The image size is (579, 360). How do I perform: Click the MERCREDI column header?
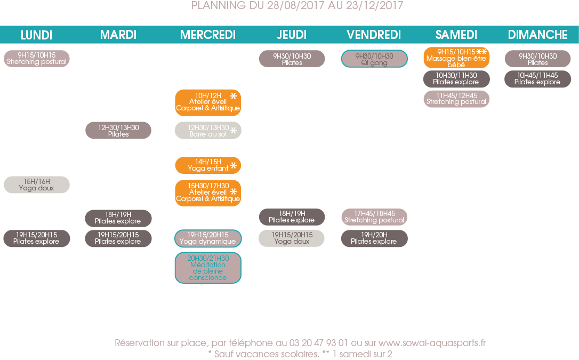point(208,35)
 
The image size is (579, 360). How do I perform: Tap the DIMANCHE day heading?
point(537,35)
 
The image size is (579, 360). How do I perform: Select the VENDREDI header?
point(374,35)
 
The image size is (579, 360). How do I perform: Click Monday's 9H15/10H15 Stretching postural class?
point(37,59)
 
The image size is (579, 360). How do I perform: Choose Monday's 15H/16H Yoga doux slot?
point(37,185)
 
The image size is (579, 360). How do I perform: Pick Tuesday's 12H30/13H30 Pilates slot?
point(118,131)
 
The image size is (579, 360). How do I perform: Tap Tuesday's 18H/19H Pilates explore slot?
point(118,218)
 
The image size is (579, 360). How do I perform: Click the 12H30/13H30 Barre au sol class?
point(208,131)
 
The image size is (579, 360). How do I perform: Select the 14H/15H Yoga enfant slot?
point(208,165)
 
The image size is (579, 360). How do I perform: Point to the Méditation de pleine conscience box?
point(208,268)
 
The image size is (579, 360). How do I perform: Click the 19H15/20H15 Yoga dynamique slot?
point(208,238)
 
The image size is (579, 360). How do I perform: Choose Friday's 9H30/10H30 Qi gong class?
point(374,59)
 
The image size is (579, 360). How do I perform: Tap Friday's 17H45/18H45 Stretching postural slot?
point(374,217)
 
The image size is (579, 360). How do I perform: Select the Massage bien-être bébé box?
point(456,58)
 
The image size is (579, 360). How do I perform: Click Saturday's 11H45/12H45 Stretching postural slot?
point(456,99)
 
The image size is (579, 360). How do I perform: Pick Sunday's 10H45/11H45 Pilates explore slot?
point(537,79)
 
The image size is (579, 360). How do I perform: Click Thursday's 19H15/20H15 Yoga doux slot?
point(292,238)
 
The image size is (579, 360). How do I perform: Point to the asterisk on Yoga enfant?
point(234,166)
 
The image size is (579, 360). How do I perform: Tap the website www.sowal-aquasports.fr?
point(432,343)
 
